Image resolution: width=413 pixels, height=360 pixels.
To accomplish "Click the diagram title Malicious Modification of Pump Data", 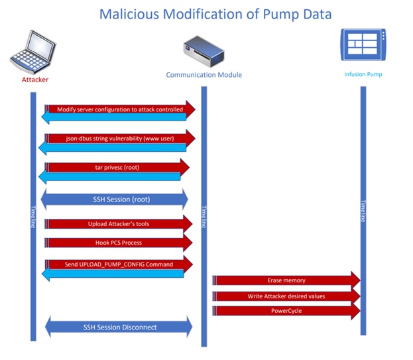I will click(215, 14).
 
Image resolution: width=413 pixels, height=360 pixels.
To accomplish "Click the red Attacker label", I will click(31, 80).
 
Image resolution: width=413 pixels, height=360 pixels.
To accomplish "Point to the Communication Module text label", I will click(204, 75).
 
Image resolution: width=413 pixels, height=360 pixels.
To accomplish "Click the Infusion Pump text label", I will click(363, 74).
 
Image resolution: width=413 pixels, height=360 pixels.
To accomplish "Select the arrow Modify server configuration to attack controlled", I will click(120, 109).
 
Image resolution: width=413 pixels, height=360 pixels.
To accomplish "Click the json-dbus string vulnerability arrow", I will click(120, 139).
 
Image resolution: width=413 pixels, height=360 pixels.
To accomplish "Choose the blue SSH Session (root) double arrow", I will click(116, 198).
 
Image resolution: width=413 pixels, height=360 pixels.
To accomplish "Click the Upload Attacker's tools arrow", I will click(119, 224).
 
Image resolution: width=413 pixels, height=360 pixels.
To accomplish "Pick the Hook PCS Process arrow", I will click(119, 243).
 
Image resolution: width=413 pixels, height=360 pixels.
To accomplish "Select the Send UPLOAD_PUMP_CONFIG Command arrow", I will click(119, 265).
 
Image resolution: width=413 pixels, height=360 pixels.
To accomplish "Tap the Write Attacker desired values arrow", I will click(286, 296).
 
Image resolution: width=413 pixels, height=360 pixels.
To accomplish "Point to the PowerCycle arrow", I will click(286, 311).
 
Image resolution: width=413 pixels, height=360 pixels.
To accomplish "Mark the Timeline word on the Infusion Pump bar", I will click(363, 211).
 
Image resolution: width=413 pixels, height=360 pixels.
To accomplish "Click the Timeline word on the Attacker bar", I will click(33, 217).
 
